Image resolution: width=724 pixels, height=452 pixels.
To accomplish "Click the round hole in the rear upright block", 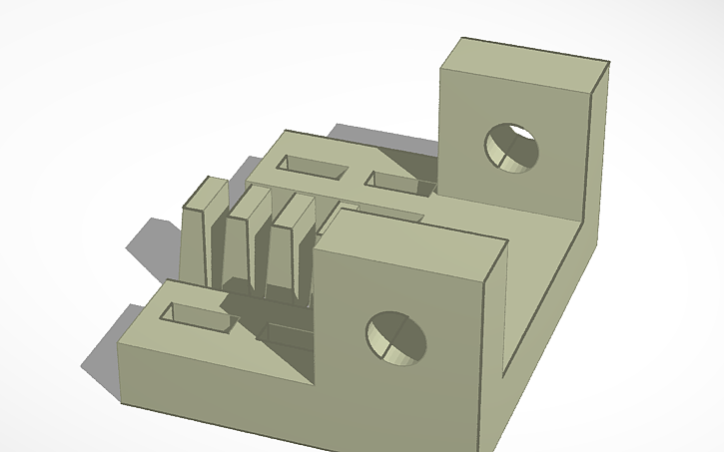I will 511,148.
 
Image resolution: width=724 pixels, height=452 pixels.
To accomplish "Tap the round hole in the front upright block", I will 395,337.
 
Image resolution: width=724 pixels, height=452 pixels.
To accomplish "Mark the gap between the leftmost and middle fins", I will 224,249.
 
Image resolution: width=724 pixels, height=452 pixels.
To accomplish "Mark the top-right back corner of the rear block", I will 609,69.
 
